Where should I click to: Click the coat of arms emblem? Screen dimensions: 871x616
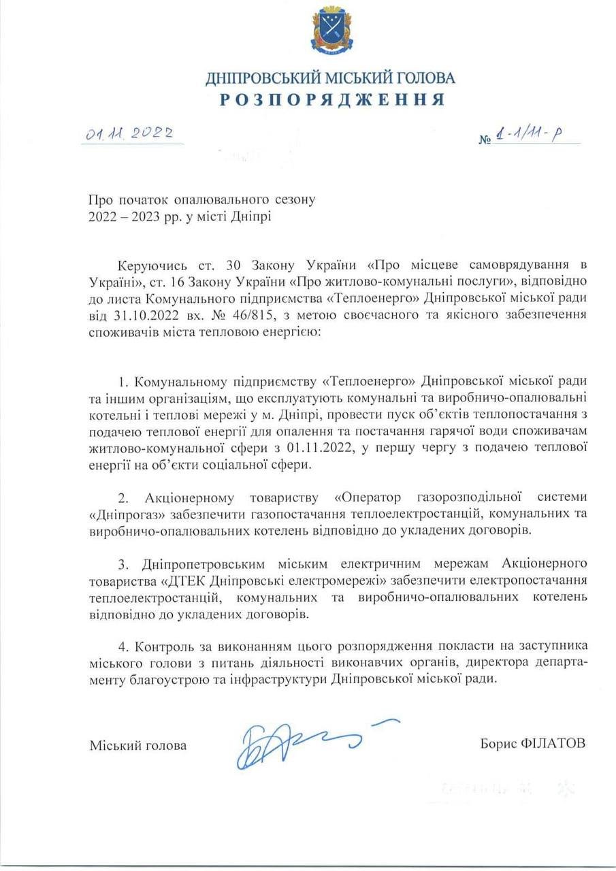pyautogui.click(x=331, y=31)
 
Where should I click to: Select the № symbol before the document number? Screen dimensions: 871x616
pyautogui.click(x=485, y=140)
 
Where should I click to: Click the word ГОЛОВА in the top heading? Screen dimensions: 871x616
pyautogui.click(x=421, y=78)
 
